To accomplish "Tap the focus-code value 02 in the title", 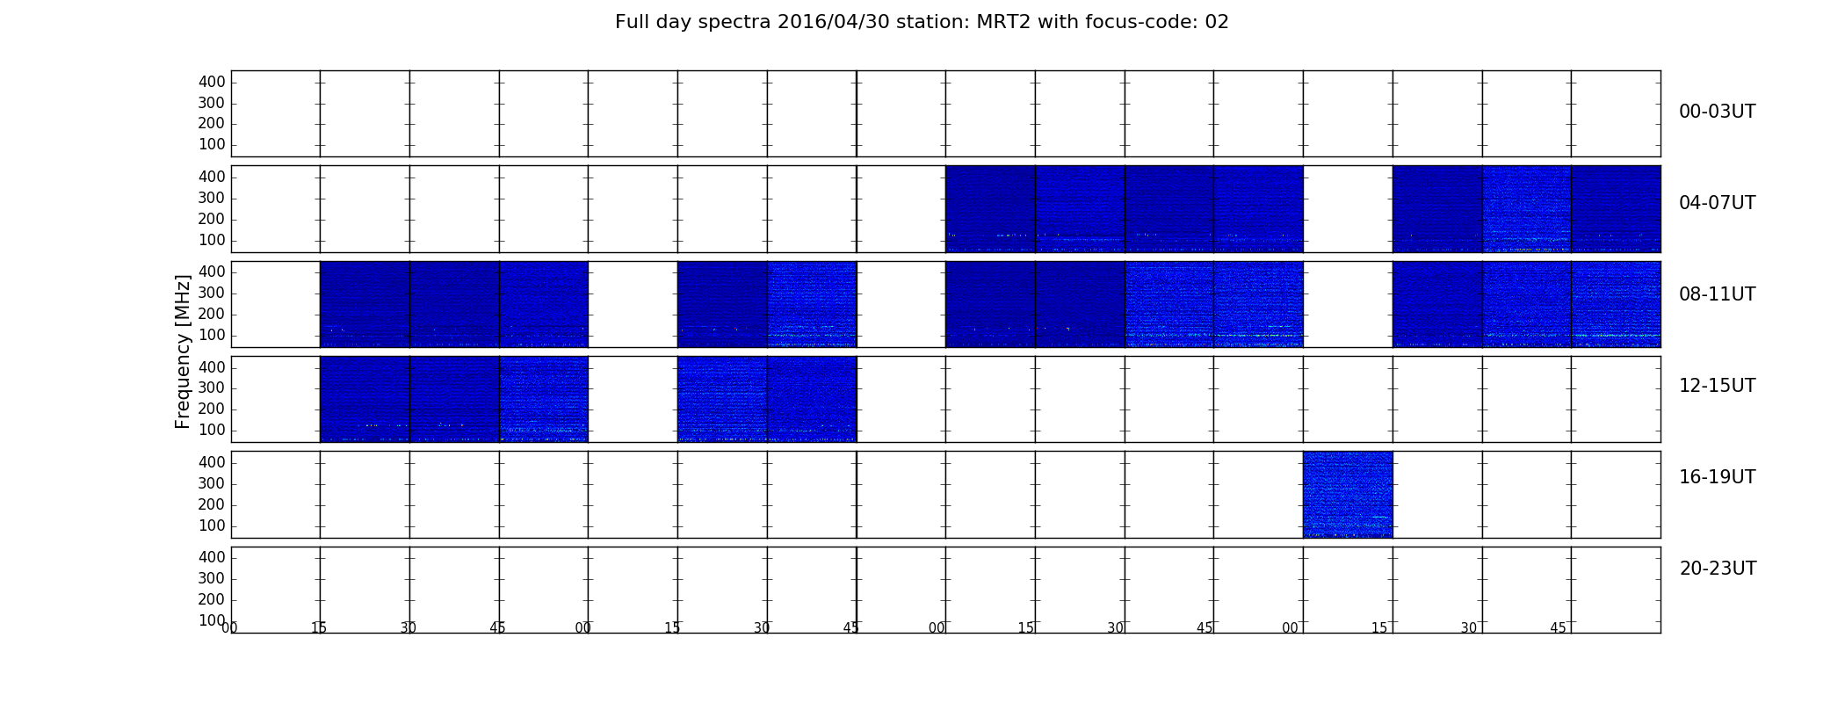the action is coord(1217,22).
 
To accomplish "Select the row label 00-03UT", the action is coord(1718,112).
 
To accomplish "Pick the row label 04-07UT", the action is coord(1718,203).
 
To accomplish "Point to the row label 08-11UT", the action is coord(1718,294).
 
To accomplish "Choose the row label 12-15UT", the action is coord(1718,386).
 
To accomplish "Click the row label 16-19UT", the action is coord(1718,477).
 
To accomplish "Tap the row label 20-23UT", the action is coord(1718,569).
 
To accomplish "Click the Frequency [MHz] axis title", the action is coord(183,351).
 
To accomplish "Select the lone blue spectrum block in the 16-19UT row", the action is coord(1348,494).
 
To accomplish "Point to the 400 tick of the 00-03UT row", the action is coord(212,82).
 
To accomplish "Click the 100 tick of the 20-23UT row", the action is coord(212,620).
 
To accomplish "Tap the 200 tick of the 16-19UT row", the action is coord(212,504).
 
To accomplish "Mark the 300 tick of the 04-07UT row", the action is coord(212,198).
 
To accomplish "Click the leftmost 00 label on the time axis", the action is coord(229,627).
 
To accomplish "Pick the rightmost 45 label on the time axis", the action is coord(1558,627).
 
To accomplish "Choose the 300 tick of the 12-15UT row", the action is coord(212,388).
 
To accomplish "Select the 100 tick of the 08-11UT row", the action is coord(212,335).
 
